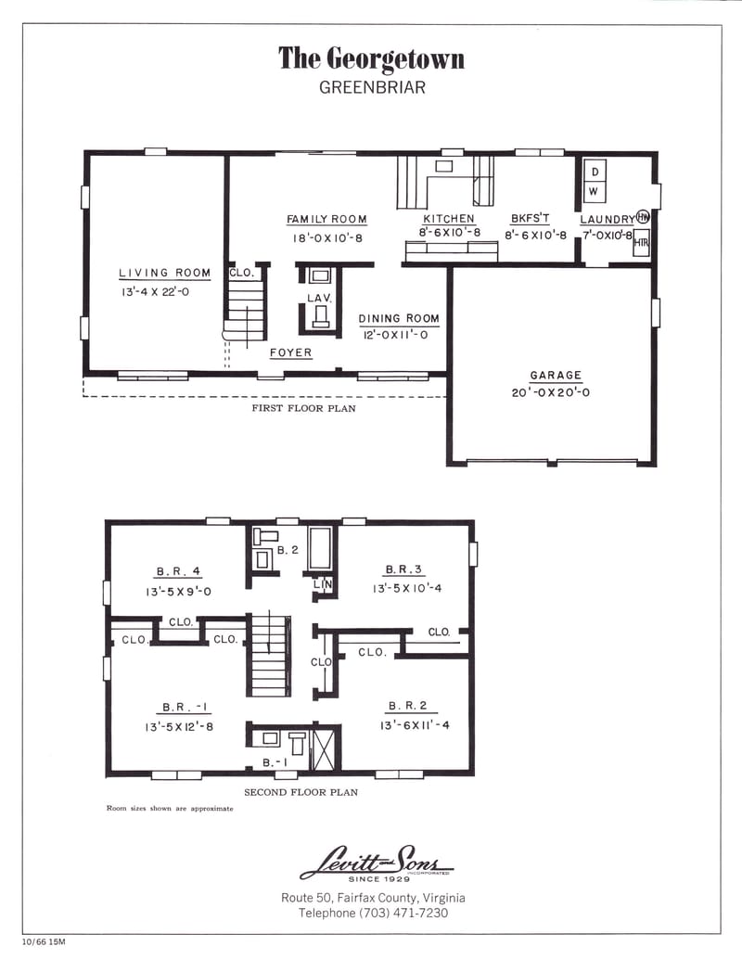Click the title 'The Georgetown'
coord(371,59)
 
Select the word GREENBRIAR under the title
coord(371,89)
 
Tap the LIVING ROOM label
coord(164,273)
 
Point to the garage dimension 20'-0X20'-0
coord(556,392)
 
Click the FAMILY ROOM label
coord(326,220)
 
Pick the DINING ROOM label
coord(399,318)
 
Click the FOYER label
coord(290,353)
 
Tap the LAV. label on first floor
coord(319,298)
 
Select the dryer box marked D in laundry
coord(595,172)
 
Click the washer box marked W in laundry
coord(595,191)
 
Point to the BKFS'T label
coord(530,219)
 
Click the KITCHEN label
coord(449,219)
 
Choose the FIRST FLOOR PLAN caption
coord(303,408)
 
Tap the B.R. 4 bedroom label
coord(173,570)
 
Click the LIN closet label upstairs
coord(323,584)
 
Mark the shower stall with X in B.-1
coord(324,750)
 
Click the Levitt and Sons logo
coord(376,862)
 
